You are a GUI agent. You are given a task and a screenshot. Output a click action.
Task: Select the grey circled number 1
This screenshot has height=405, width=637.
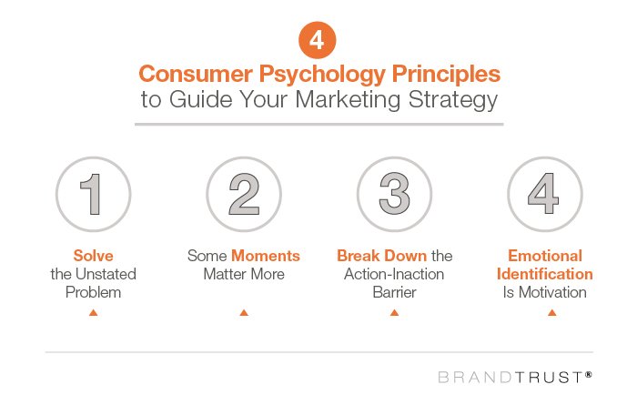pos(93,196)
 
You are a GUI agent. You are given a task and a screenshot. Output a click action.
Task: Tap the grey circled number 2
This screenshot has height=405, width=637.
pos(243,196)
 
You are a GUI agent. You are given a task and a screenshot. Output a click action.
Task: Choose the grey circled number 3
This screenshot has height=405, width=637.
pos(393,196)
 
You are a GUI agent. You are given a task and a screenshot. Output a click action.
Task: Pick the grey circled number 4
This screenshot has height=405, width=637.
pos(544,196)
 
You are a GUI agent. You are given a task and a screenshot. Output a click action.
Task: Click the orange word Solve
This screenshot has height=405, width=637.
pos(93,257)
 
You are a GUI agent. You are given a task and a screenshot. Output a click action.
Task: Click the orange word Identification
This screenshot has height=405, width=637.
pos(551,274)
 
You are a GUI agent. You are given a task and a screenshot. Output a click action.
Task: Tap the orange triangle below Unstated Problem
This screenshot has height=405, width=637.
pos(93,313)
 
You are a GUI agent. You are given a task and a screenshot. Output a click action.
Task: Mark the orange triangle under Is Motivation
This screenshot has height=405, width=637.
pos(551,313)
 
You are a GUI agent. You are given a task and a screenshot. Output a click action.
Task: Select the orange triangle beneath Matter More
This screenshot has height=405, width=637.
pos(243,313)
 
